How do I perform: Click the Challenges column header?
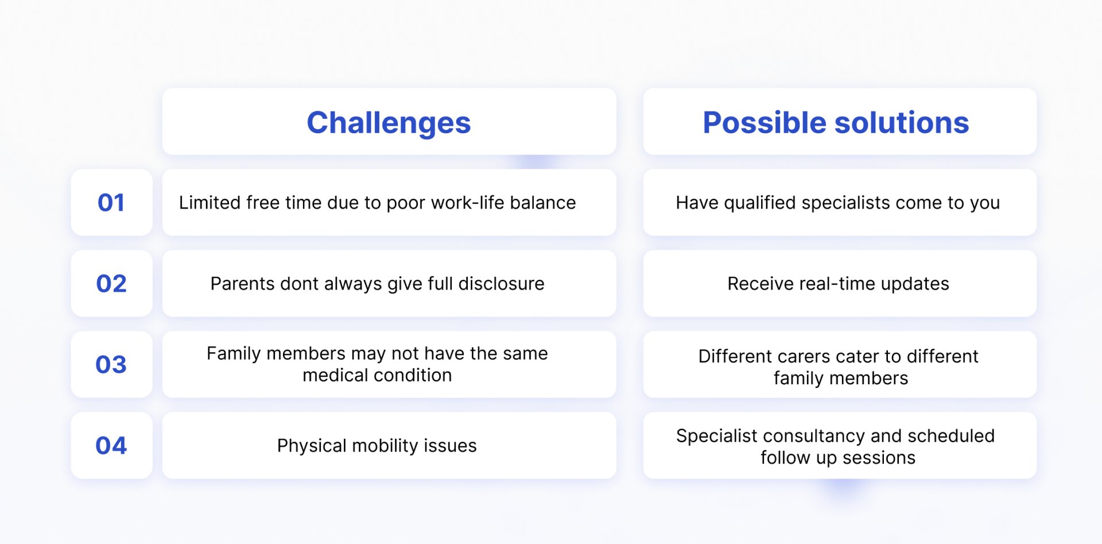click(389, 122)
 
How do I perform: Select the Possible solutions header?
click(836, 122)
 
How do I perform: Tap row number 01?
click(111, 202)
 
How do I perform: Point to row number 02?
click(111, 283)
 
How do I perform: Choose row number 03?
click(111, 364)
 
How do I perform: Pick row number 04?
click(111, 445)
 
